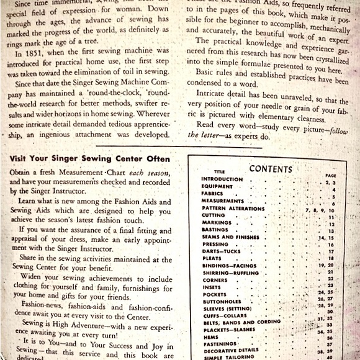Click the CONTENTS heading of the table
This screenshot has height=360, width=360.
[x=270, y=169]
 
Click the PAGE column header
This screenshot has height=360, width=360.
[x=330, y=175]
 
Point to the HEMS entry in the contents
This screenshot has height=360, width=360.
[x=209, y=336]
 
